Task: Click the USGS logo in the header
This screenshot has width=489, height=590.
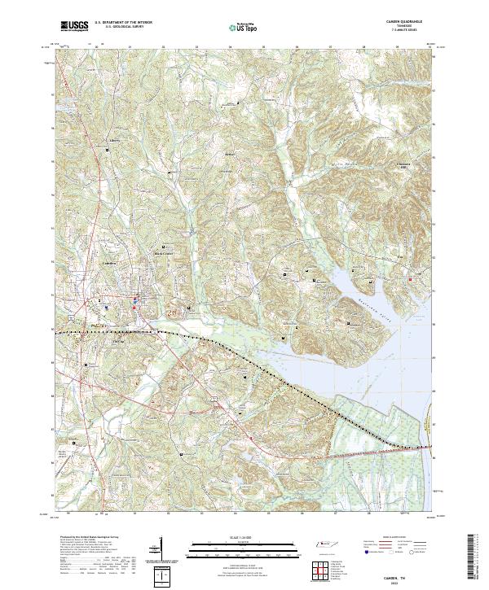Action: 73,28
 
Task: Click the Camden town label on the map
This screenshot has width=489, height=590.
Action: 111,264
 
